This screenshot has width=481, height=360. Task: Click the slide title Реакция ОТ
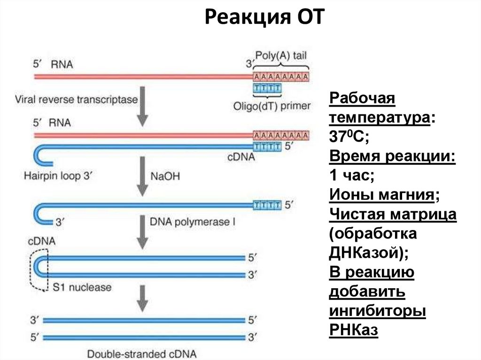(x=264, y=18)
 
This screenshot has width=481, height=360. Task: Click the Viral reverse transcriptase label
(x=77, y=100)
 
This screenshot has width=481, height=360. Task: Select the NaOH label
(x=165, y=176)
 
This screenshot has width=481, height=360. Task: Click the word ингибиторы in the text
(x=378, y=311)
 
